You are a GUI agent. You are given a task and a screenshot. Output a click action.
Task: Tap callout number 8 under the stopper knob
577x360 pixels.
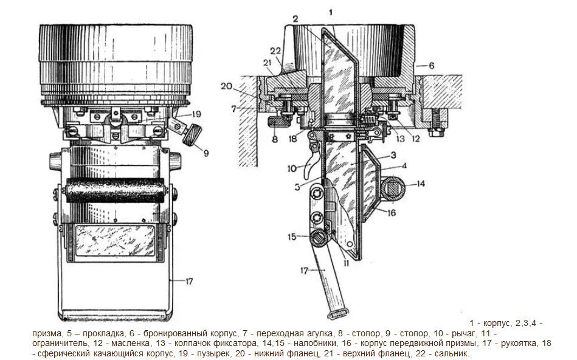(275, 139)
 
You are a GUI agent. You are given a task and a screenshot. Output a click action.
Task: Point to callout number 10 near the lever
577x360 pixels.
(292, 167)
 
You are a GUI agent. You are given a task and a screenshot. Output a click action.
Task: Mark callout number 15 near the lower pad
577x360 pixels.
(292, 237)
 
